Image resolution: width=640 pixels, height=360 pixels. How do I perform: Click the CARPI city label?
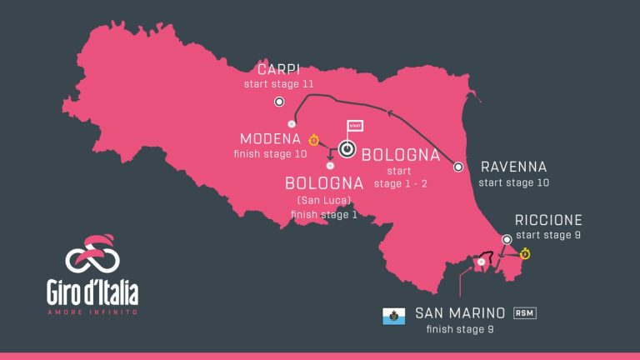pyautogui.click(x=278, y=69)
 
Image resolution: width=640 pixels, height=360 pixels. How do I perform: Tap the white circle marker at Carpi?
pyautogui.click(x=280, y=102)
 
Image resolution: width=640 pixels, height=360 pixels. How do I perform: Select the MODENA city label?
pyautogui.click(x=270, y=138)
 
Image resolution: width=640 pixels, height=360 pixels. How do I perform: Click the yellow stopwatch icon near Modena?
pyautogui.click(x=314, y=140)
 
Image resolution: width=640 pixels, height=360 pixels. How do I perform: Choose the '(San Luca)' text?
pyautogui.click(x=323, y=201)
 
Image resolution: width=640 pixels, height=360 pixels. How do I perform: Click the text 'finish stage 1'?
pyautogui.click(x=323, y=214)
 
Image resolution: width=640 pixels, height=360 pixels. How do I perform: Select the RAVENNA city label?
pyautogui.click(x=513, y=167)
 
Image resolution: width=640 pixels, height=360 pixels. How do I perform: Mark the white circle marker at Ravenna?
pyautogui.click(x=457, y=167)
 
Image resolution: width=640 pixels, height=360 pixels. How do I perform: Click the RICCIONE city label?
pyautogui.click(x=548, y=220)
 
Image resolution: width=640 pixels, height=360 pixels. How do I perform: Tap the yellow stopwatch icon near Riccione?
pyautogui.click(x=525, y=253)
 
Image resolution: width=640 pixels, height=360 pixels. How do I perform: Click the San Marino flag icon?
pyautogui.click(x=393, y=316)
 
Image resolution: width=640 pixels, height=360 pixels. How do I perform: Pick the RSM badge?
pyautogui.click(x=524, y=312)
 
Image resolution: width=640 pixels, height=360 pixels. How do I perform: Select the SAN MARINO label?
pyautogui.click(x=460, y=314)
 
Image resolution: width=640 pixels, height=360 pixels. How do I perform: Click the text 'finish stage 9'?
pyautogui.click(x=460, y=329)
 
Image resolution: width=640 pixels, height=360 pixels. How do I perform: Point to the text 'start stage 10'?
pyautogui.click(x=514, y=182)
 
